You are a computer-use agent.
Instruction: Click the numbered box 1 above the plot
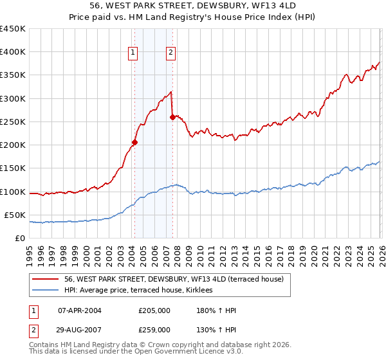(133, 53)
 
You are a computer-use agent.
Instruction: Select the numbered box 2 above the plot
(171, 53)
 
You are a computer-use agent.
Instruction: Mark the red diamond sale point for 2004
(134, 143)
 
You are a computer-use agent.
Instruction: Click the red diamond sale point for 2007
(172, 117)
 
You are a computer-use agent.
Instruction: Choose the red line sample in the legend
(46, 279)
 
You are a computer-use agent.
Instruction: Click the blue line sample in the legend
(46, 291)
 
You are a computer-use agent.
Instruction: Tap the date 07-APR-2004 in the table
(80, 310)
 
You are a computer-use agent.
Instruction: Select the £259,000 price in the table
(154, 329)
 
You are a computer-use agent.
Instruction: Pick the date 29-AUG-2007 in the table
(80, 329)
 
